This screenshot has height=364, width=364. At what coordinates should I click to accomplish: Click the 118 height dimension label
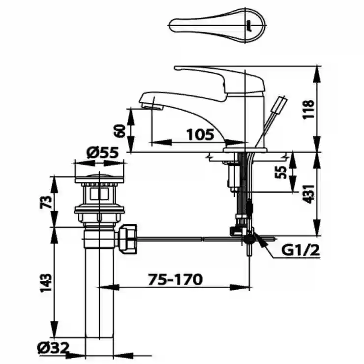[x=309, y=110]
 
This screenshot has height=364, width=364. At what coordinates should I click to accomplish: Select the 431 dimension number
[x=309, y=194]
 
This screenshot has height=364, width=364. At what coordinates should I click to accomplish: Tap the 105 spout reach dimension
[x=200, y=134]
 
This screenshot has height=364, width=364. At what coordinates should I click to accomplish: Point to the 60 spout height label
[x=120, y=131]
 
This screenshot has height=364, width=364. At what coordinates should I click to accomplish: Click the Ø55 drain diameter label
[x=102, y=153]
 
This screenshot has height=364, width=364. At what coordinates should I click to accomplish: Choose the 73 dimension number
[x=46, y=202]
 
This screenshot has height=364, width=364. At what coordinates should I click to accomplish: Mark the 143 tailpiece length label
[x=46, y=283]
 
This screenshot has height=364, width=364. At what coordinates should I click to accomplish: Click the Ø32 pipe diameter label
[x=53, y=348]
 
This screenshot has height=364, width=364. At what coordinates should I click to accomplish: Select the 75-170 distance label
[x=175, y=279]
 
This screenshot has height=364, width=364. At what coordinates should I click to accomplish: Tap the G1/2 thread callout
[x=301, y=250]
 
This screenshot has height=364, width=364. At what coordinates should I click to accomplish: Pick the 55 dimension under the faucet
[x=281, y=172]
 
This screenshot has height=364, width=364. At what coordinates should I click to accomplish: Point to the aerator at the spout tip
[x=152, y=107]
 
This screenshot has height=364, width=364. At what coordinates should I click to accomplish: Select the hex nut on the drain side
[x=127, y=239]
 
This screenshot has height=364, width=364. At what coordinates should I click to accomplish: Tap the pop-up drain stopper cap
[x=99, y=178]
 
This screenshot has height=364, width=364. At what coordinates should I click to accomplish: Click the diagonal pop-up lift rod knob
[x=280, y=103]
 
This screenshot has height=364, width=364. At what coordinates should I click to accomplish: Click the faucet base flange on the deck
[x=245, y=150]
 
